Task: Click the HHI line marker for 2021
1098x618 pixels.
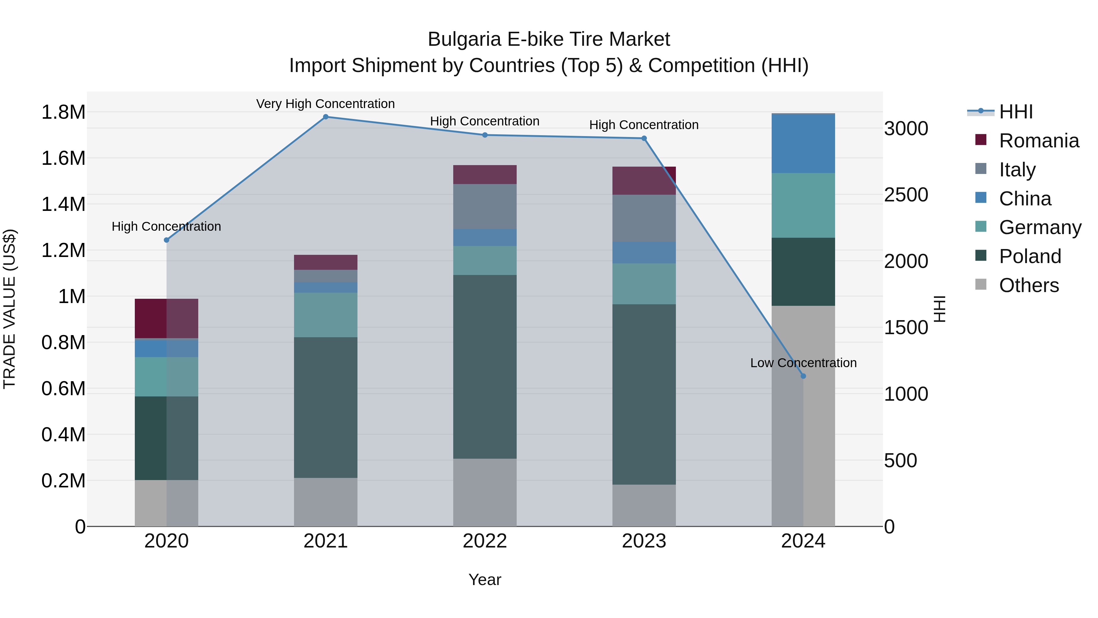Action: [x=326, y=117]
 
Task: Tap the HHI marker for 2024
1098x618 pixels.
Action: [x=803, y=376]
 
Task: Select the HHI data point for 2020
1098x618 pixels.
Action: [x=167, y=240]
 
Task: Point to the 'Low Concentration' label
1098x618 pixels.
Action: [x=803, y=363]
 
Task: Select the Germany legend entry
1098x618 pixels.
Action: [x=1040, y=227]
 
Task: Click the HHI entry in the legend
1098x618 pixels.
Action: [x=1015, y=112]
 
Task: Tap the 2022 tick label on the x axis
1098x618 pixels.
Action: [x=485, y=541]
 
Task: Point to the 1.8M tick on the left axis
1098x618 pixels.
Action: [x=63, y=112]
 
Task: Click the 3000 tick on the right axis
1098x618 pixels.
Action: [x=906, y=128]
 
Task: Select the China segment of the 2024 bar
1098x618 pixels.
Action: [x=803, y=144]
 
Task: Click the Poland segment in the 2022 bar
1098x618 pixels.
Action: [x=485, y=367]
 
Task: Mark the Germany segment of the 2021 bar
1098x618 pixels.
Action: [x=326, y=315]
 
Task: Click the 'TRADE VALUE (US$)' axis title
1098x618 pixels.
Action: [x=9, y=309]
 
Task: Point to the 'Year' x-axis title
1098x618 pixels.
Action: [x=485, y=580]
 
